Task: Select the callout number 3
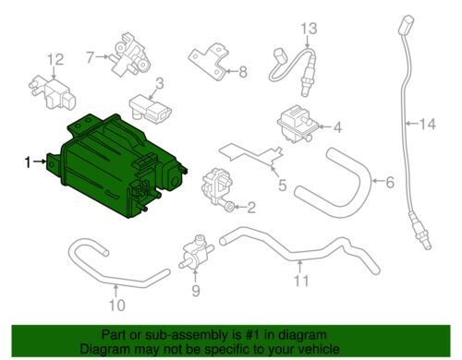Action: coord(158,83)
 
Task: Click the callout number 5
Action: coord(282,183)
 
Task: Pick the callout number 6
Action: coord(388,183)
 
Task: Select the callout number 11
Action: coord(298,279)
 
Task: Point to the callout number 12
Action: coord(56,60)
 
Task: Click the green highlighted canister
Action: coord(111,162)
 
